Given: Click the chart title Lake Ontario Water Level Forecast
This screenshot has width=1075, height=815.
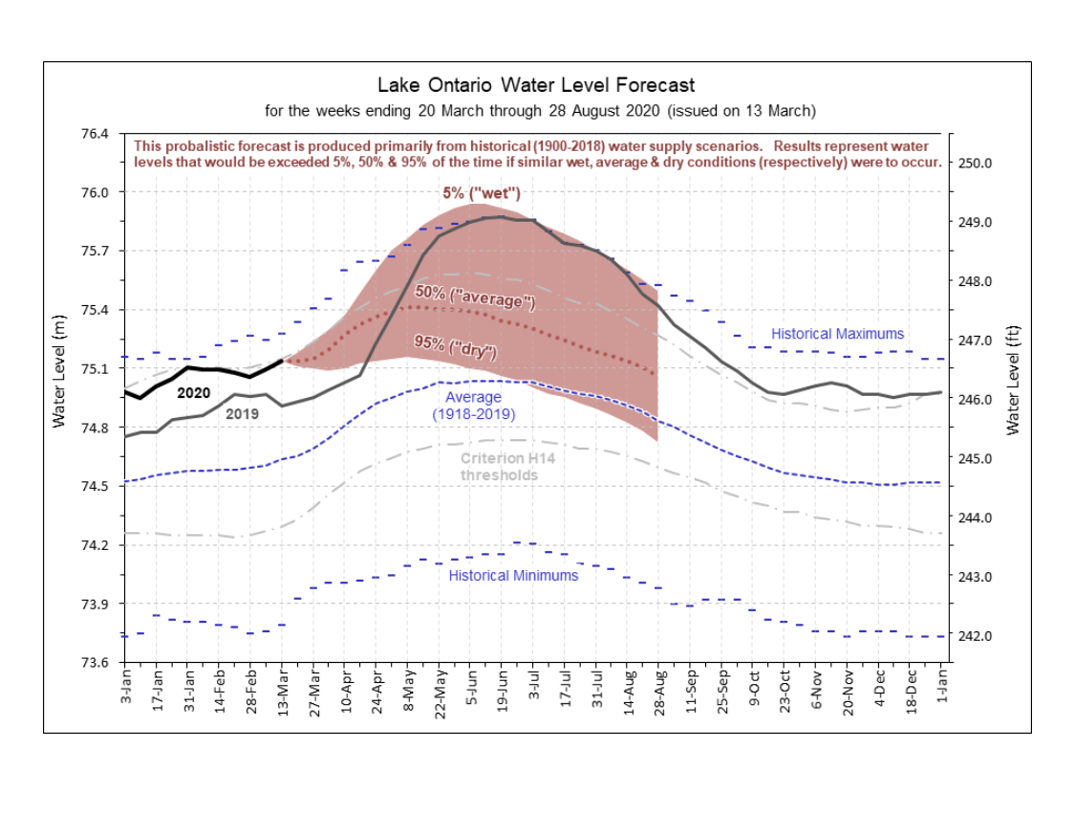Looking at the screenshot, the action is coord(536,85).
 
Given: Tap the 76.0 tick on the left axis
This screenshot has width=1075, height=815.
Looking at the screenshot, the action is coord(96,192).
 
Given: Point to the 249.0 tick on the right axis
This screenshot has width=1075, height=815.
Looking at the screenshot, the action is coord(975,223).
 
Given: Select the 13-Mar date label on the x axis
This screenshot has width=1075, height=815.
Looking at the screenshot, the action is coord(283,693).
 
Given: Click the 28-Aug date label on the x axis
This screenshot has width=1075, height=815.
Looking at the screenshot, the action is coord(659,693).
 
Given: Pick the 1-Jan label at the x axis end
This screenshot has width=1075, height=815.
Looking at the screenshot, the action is coord(942,687).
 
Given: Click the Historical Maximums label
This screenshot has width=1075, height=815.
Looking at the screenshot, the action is coord(838,334).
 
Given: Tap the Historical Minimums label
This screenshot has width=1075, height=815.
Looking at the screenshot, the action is coord(513,575).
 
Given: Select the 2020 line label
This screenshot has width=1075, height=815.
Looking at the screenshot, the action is coord(193,393).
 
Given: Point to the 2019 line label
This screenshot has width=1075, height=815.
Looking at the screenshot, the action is coord(242,414).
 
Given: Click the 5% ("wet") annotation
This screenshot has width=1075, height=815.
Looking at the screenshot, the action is coord(482,193).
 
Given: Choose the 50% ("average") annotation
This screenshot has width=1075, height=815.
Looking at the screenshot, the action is coord(474,296).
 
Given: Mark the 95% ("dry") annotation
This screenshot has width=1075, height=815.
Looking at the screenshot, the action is coord(455,346).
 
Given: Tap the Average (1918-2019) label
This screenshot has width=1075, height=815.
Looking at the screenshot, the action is coord(473,406).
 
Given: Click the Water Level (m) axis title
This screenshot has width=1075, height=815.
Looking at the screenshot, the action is coord(59,371).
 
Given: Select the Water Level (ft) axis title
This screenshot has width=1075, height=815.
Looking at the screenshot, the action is coord(1013,380).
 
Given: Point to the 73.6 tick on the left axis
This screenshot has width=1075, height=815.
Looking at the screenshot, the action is coord(96,663).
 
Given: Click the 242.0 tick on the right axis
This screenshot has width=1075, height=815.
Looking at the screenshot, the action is coord(975,636).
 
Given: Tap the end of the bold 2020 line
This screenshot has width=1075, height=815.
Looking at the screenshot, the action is coord(283,361).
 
